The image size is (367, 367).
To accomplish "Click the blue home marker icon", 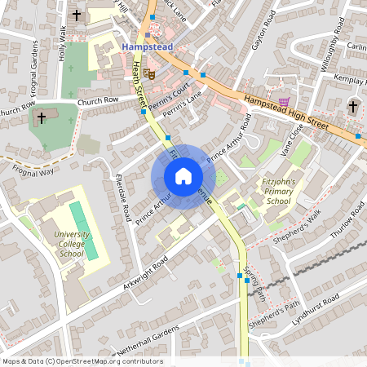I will coord(183,176).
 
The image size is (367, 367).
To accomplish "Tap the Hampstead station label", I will coord(148,47).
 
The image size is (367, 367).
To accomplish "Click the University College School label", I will coord(72,244).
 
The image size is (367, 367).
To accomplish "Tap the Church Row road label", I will coord(99,100).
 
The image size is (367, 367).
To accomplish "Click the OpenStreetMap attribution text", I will coord(82,361).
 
